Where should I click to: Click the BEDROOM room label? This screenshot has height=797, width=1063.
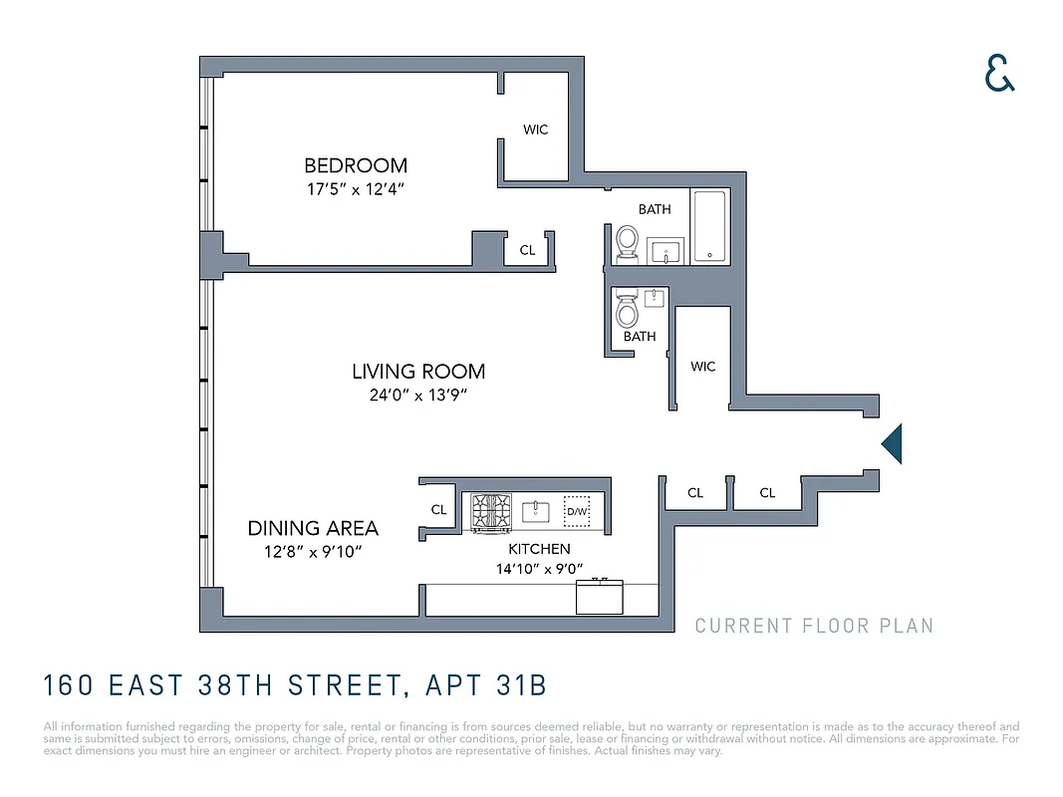coord(356,165)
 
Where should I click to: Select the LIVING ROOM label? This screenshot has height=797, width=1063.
coord(418,372)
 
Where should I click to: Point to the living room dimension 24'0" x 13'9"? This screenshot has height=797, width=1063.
coord(418,395)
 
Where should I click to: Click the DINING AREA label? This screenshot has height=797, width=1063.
coord(313,528)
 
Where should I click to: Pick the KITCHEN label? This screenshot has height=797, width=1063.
coord(539,549)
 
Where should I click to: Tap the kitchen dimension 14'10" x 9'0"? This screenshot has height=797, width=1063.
coord(539,570)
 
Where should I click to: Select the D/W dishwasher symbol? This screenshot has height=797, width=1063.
coord(577,512)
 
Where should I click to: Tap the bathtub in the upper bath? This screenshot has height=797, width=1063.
coord(708,226)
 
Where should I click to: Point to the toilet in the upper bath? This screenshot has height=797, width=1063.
coord(627,241)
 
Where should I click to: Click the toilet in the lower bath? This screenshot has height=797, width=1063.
coord(627,311)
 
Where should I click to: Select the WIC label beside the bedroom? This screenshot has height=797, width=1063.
coord(536,130)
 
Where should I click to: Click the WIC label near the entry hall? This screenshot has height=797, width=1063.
coord(703,367)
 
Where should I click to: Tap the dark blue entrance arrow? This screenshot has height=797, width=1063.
coord(893,443)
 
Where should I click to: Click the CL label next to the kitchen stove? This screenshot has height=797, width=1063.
coord(438,509)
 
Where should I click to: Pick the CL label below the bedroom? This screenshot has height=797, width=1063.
coord(527,250)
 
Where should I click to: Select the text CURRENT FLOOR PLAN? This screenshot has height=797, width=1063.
coord(814,626)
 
